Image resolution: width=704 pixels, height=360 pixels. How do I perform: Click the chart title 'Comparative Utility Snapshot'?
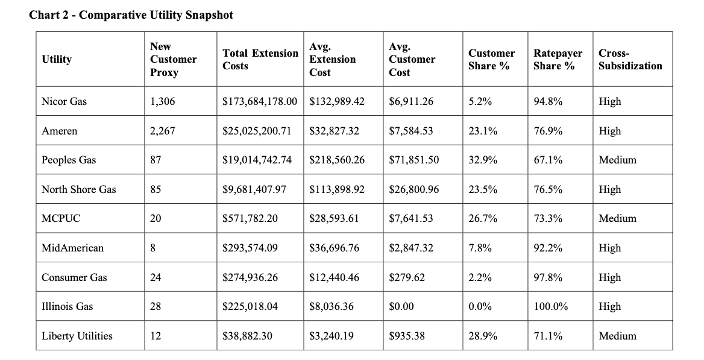(156, 15)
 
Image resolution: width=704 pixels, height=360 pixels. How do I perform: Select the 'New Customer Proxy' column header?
(174, 59)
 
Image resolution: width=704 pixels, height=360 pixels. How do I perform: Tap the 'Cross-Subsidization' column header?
(630, 59)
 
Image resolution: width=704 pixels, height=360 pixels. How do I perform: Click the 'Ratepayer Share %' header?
(558, 59)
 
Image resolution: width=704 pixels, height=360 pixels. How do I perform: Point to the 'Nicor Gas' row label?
(64, 101)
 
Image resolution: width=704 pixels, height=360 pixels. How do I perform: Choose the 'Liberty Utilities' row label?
(77, 336)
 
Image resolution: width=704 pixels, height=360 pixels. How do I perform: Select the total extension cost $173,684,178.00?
(260, 101)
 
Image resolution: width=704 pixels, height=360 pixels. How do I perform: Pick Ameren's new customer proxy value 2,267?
(163, 131)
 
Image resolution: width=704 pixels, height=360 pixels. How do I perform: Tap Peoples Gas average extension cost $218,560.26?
(337, 160)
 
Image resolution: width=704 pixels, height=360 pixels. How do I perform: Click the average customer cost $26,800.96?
(414, 189)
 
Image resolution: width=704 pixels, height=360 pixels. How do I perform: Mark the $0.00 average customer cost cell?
(401, 306)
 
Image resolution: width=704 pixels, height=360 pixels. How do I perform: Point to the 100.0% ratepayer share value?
(551, 306)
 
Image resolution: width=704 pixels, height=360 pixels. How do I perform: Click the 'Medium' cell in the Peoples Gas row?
(617, 160)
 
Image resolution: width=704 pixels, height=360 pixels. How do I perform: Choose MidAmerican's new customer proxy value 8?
(153, 248)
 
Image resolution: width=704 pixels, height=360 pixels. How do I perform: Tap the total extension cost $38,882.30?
(247, 336)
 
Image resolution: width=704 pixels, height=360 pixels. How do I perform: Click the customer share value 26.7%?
(483, 218)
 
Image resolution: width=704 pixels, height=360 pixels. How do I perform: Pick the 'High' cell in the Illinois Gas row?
(610, 306)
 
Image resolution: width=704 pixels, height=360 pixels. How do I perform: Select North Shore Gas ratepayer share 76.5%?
(548, 189)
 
